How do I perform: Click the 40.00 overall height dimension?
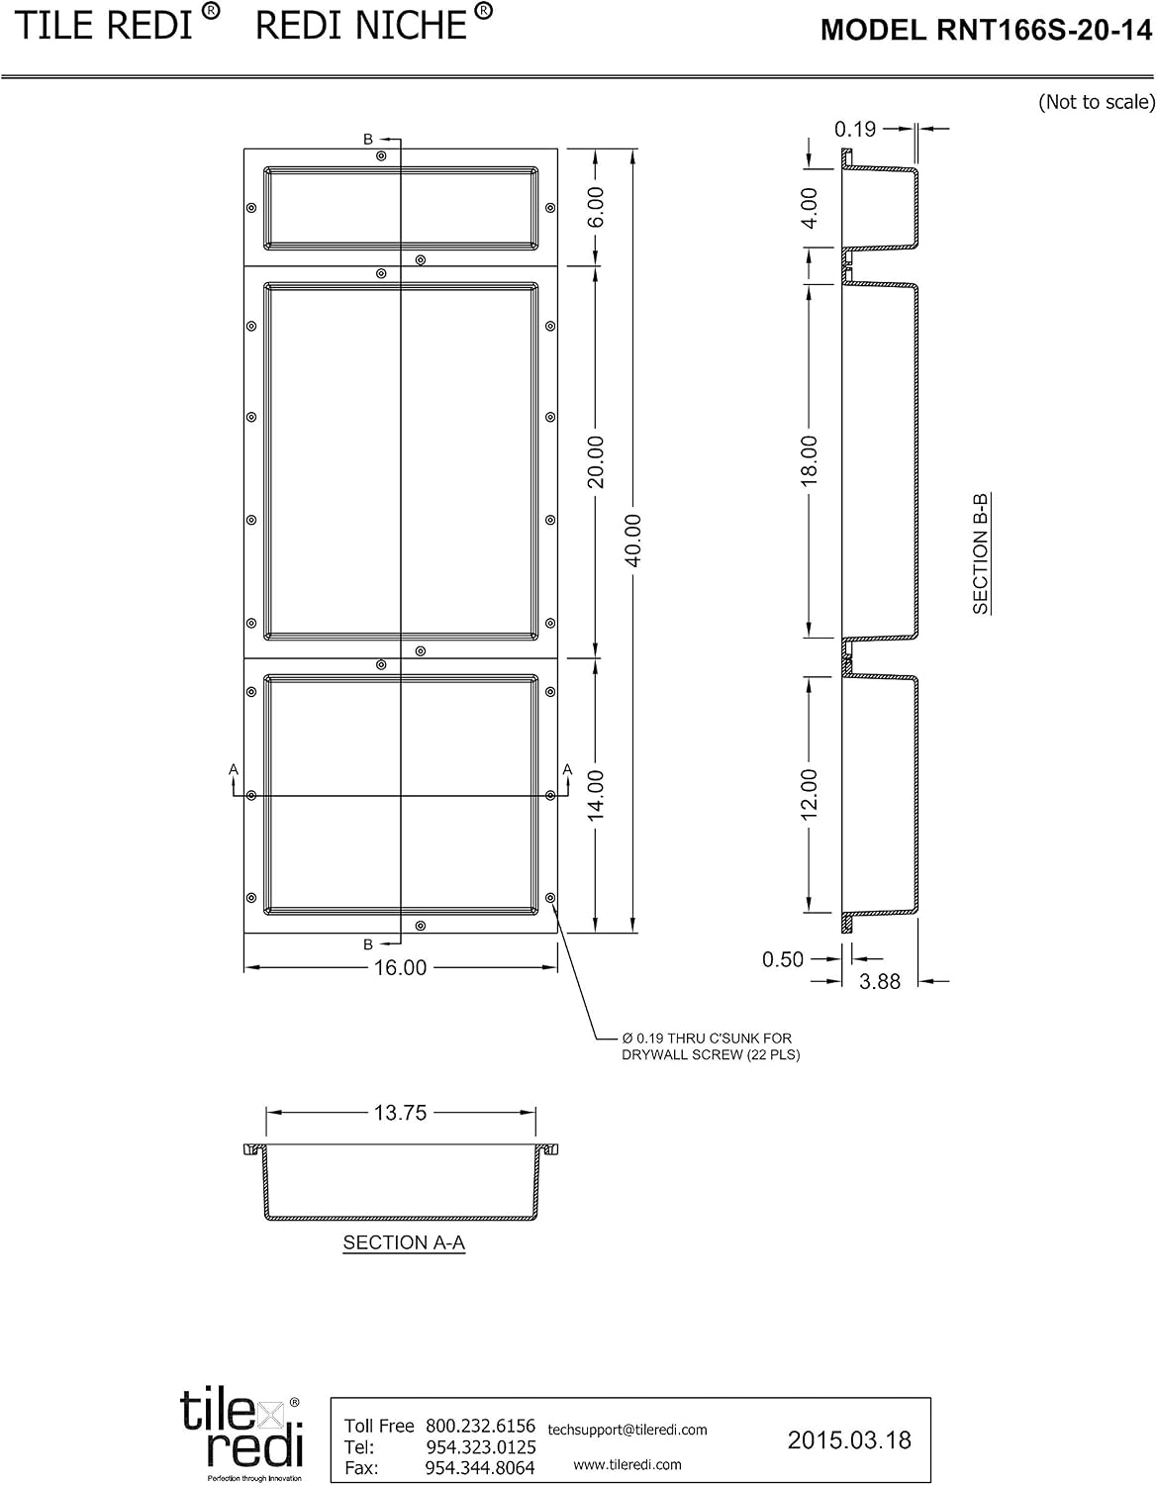tap(633, 541)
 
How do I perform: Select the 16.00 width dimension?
tap(400, 967)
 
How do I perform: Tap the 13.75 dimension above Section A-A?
tap(400, 1113)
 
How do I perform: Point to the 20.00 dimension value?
tap(596, 462)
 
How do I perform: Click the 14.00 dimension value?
tap(596, 795)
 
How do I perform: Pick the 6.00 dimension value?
tap(596, 207)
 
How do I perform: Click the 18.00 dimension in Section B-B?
tap(809, 461)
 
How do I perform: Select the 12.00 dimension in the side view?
tap(809, 794)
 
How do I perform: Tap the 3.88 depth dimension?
tap(880, 981)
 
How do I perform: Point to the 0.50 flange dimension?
tap(783, 958)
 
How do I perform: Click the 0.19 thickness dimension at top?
tap(855, 129)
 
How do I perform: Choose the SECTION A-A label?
tap(405, 1242)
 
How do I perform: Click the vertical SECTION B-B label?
tap(981, 553)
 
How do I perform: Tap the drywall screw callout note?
tap(711, 1046)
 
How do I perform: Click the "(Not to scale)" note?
tap(1097, 102)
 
